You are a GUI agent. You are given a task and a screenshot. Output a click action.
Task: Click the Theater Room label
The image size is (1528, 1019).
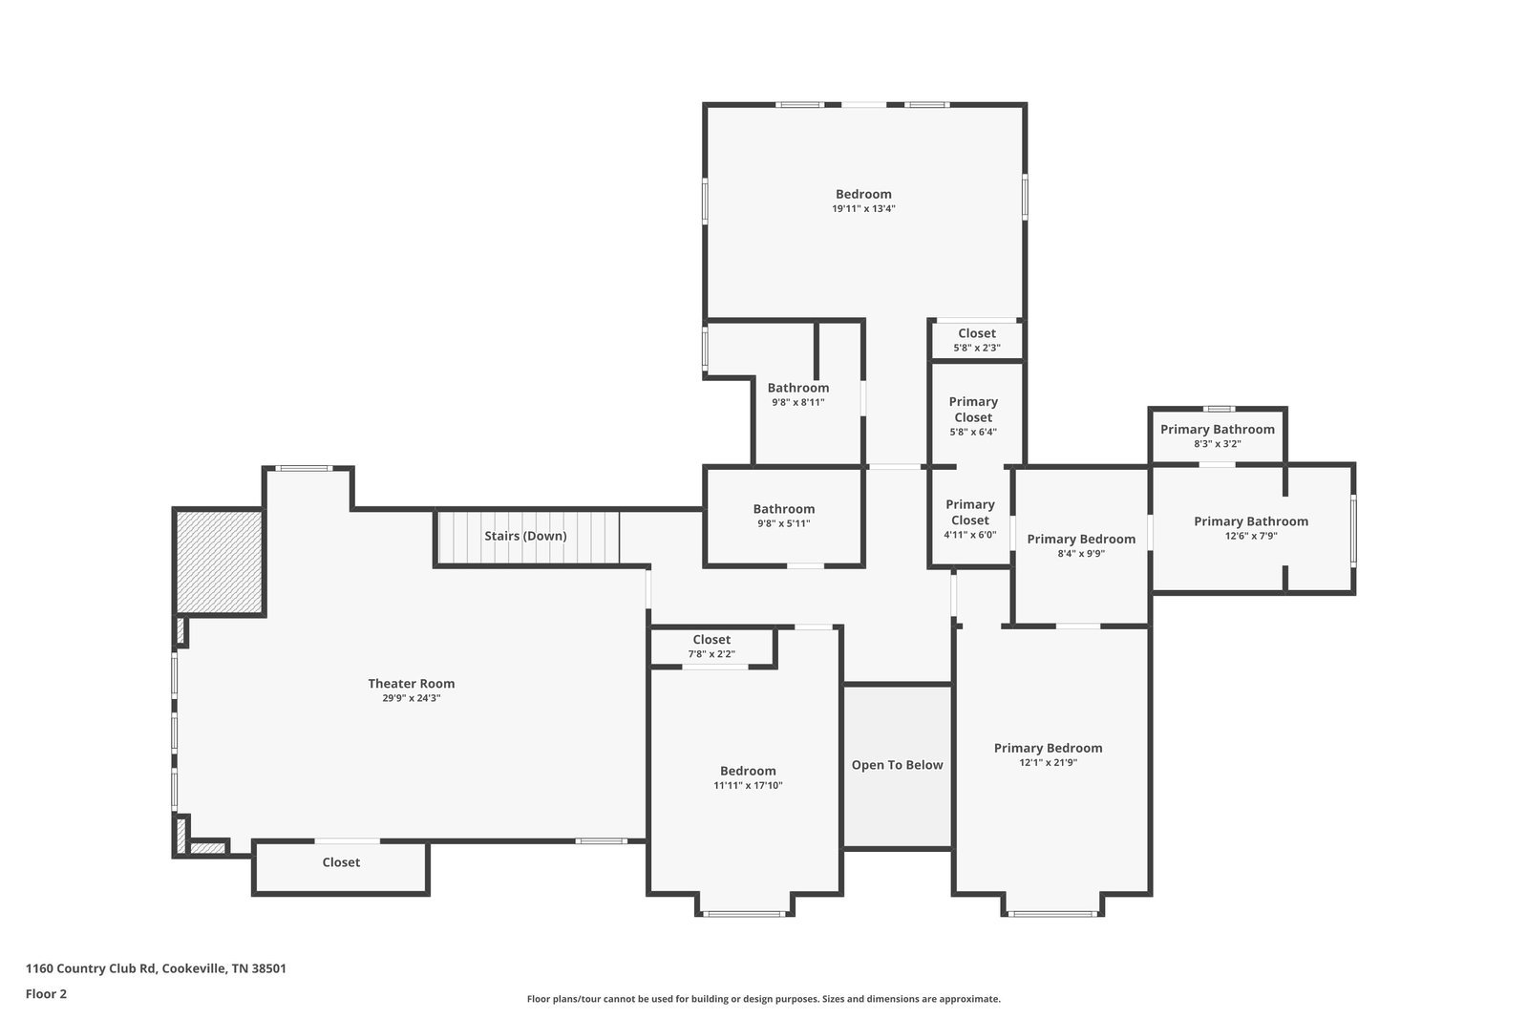[411, 684]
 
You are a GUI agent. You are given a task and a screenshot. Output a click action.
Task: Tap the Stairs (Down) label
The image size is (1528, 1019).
[525, 536]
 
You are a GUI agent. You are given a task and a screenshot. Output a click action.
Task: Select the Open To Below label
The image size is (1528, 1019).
[897, 765]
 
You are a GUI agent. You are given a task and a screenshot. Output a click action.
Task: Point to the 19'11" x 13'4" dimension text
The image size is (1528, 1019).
[863, 209]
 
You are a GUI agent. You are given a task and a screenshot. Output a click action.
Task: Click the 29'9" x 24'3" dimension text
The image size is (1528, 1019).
[412, 698]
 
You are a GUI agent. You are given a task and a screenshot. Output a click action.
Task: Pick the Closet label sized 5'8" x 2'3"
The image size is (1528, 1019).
[977, 333]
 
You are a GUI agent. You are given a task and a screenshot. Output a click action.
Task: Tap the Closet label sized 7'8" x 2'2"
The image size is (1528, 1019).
[711, 640]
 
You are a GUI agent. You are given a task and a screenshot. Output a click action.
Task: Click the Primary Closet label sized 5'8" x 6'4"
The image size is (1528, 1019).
[973, 410]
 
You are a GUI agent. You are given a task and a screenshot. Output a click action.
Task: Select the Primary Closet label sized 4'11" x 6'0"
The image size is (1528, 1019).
[970, 512]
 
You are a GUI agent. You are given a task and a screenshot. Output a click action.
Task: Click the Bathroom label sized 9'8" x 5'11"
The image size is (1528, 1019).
[784, 509]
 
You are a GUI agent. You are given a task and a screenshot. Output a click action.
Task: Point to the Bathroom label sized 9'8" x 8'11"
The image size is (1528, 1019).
[798, 388]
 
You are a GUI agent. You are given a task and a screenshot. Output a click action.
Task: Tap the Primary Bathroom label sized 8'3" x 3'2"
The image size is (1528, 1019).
[1218, 429]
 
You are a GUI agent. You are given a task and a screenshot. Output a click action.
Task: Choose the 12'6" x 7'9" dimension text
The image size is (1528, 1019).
[1251, 536]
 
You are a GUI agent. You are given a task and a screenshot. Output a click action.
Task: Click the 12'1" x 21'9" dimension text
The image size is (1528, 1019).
[1049, 762]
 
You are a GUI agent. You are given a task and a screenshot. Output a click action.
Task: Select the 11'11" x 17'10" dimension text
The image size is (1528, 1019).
[749, 786]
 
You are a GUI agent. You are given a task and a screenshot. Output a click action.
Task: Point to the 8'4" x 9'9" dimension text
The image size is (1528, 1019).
[1081, 554]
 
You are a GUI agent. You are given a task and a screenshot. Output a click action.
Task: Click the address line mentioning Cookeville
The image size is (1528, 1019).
[157, 968]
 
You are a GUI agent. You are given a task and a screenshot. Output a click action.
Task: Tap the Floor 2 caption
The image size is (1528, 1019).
[47, 994]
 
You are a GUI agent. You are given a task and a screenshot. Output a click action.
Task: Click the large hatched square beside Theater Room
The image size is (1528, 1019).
[219, 562]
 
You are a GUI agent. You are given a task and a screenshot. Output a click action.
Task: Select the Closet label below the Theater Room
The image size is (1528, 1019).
[341, 862]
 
